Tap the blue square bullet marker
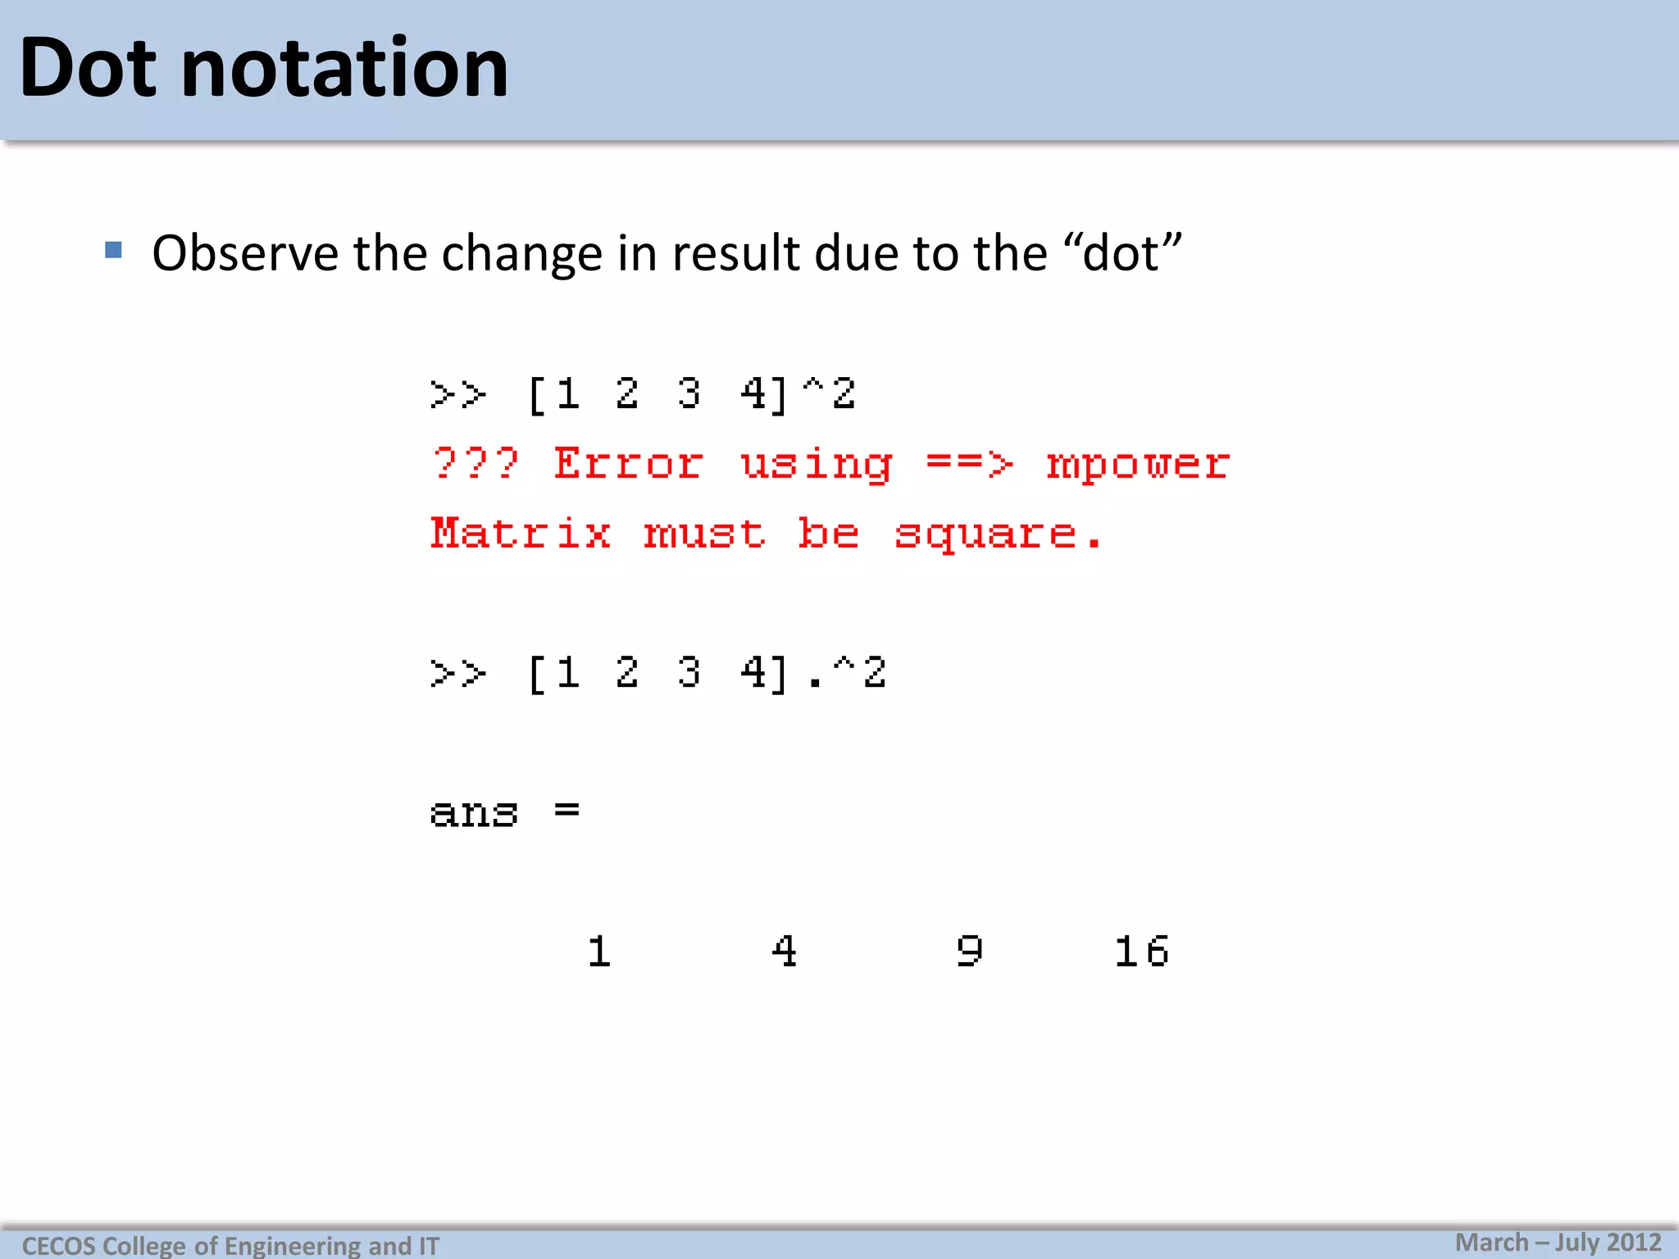[114, 250]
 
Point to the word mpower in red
[1137, 465]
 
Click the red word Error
[628, 464]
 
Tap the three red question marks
[475, 464]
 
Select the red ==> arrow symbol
[969, 464]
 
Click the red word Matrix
[521, 534]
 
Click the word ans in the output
[474, 814]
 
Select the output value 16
[1141, 952]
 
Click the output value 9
[970, 952]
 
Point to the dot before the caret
[814, 684]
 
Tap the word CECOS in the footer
[58, 1246]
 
